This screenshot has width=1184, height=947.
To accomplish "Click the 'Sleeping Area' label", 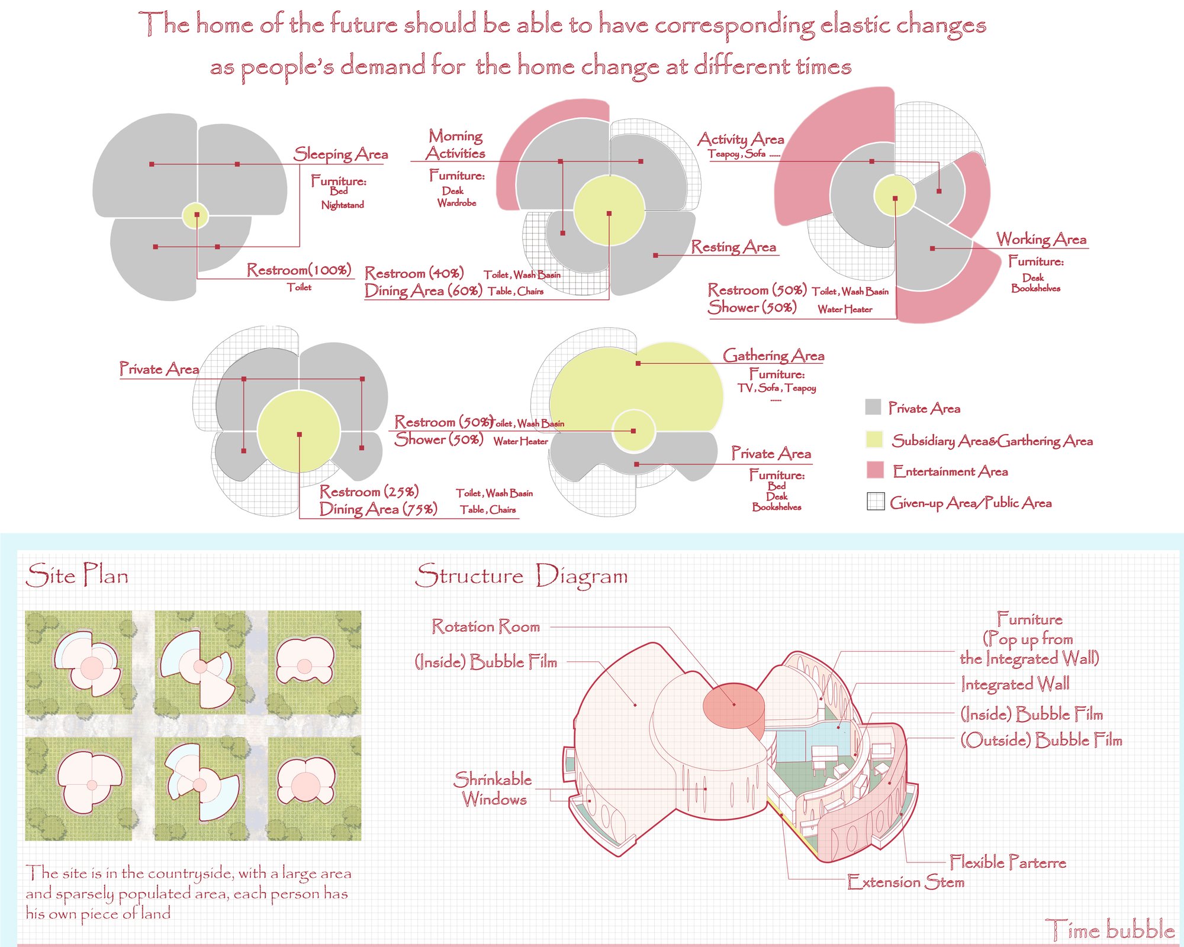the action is point(341,154).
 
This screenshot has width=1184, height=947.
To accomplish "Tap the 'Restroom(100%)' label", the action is point(300,270).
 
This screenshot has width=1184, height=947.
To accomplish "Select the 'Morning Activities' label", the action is point(455,144).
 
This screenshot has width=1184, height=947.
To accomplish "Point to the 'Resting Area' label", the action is point(733,247).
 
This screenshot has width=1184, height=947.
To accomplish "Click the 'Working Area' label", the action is point(1041,239).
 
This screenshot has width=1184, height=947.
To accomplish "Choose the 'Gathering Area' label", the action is point(773,355).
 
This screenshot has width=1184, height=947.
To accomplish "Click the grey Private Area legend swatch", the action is point(873,407).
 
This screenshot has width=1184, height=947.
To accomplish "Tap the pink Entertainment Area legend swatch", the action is point(875,470).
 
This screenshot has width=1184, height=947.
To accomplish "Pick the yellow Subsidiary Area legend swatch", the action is point(874,439).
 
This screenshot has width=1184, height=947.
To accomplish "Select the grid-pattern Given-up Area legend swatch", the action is point(876,501).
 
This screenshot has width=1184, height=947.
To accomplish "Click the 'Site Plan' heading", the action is point(78,575).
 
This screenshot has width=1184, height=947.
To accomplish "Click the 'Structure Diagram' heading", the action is point(522,576).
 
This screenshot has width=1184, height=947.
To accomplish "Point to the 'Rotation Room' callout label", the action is point(486,626).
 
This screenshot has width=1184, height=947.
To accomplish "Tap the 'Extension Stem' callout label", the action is point(906,882).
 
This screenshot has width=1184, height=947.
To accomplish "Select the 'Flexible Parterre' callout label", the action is point(1008,862).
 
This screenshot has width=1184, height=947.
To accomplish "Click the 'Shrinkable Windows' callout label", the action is point(494,789).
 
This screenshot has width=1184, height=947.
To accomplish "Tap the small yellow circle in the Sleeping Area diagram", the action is point(195,215).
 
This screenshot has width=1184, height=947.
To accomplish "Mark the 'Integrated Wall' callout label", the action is point(1015,684).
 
